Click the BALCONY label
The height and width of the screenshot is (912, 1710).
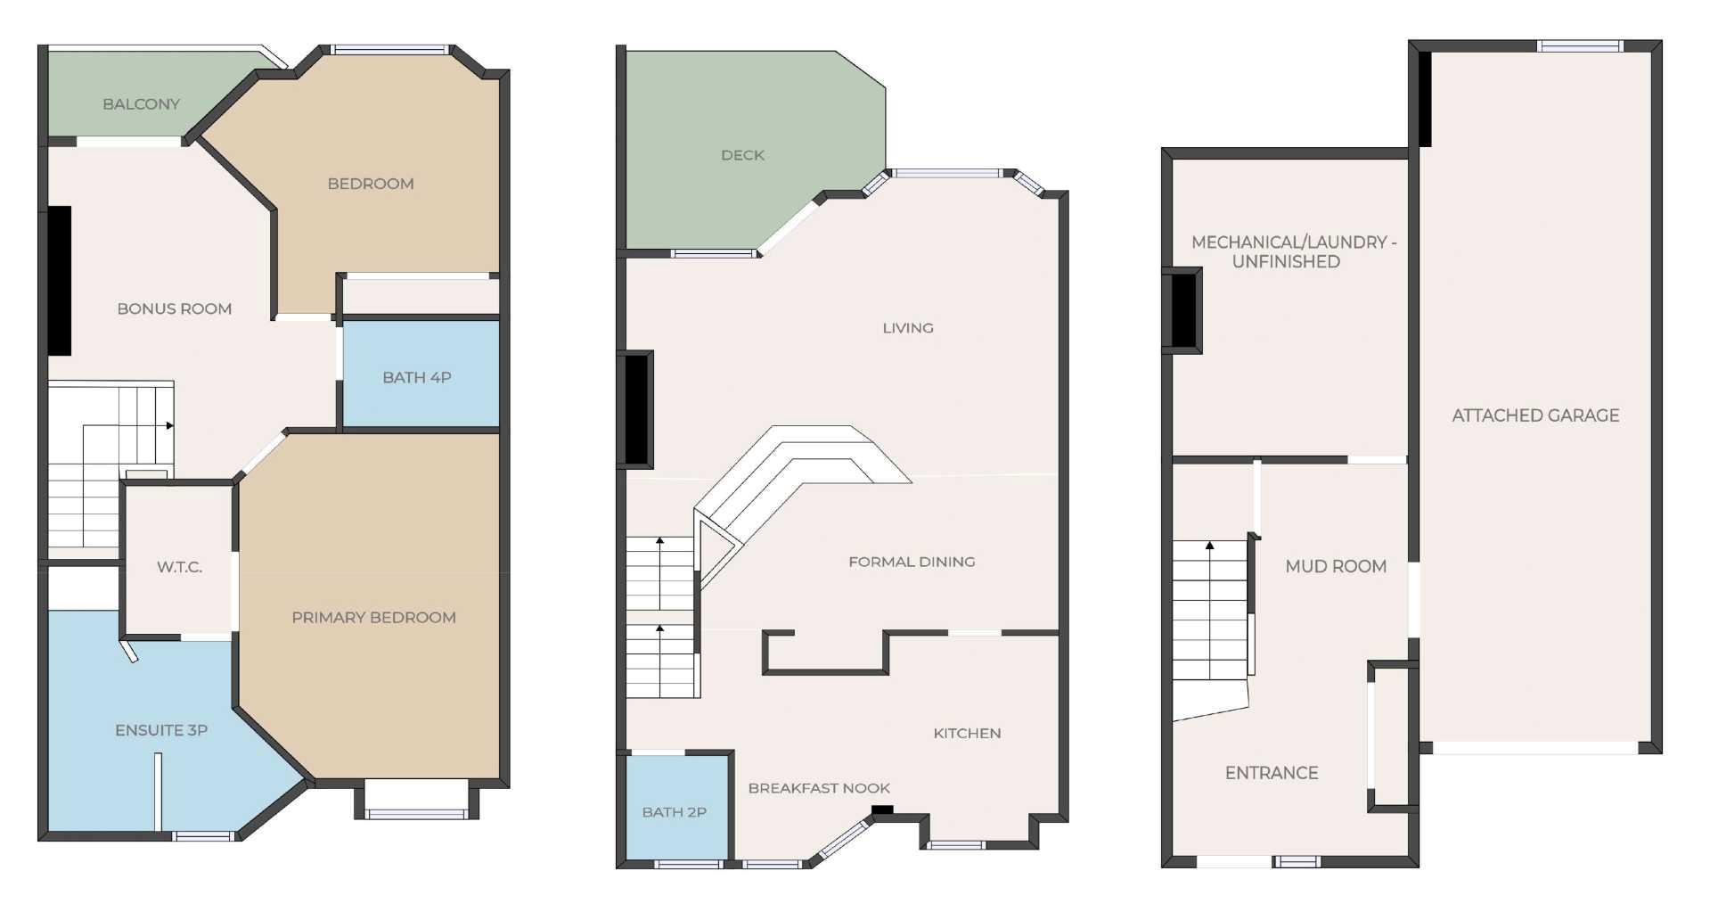[141, 104]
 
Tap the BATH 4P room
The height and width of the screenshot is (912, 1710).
[417, 377]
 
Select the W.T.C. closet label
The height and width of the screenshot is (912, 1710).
[179, 567]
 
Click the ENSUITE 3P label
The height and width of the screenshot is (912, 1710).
[161, 730]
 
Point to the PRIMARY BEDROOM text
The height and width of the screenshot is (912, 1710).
[373, 617]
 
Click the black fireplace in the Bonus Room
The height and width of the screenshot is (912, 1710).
[59, 281]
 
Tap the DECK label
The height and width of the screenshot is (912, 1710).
[742, 155]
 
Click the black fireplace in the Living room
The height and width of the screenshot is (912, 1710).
[637, 408]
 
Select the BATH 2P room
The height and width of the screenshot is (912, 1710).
[674, 812]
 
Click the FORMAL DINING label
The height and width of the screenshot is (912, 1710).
[912, 562]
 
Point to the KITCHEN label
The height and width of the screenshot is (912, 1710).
[967, 733]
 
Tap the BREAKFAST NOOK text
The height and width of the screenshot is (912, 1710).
[819, 788]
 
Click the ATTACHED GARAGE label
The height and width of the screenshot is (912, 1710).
[1535, 415]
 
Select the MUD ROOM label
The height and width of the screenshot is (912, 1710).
[1335, 566]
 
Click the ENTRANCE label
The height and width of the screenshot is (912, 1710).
[1271, 773]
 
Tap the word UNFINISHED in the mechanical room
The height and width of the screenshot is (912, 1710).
[1285, 262]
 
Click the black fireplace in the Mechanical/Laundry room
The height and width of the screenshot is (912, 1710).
[1183, 310]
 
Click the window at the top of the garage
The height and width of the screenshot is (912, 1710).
[1581, 46]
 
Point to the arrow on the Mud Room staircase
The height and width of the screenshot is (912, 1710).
[1209, 545]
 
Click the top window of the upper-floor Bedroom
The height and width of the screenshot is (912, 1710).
[389, 50]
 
